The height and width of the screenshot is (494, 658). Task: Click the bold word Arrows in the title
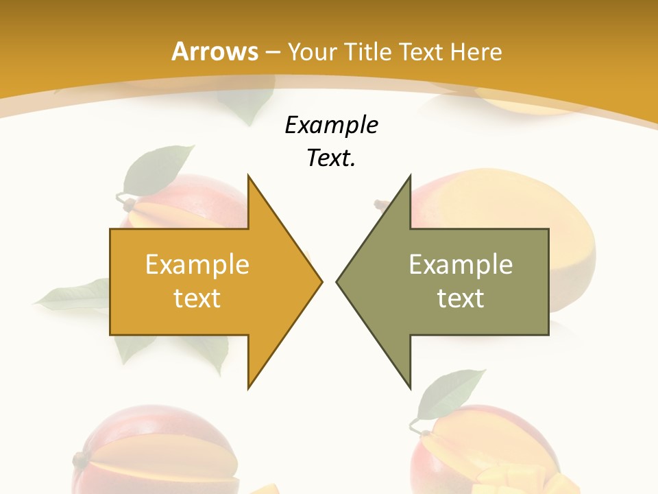pos(215,51)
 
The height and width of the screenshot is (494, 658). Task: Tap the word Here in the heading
pos(476,51)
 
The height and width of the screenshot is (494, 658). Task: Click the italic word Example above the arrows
pos(331,125)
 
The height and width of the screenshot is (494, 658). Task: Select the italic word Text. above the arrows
pos(331,158)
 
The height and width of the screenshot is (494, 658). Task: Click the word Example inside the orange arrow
pos(197,264)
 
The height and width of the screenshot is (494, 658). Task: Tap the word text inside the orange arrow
pos(197,298)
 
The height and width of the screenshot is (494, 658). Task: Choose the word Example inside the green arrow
pos(461,264)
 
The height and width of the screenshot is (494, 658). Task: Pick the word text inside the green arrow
pos(461,298)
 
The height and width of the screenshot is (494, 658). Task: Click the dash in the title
pos(272,52)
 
